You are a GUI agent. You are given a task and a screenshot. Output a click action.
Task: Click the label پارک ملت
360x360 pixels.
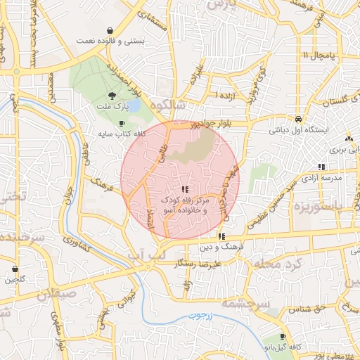pos(114,107)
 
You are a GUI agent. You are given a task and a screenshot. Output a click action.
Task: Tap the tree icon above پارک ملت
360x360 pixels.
pos(113,96)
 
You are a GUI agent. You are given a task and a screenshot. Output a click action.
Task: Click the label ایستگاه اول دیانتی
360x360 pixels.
pos(298,130)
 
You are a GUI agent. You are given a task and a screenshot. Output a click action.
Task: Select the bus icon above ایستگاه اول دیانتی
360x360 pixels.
pos(299,120)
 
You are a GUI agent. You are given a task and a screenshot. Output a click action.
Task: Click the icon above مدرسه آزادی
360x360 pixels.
pos(321,167)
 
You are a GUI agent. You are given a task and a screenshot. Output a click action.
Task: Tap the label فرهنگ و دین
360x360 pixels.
pos(221,247)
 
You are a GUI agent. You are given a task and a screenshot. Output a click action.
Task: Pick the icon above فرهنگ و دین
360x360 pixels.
pos(221,237)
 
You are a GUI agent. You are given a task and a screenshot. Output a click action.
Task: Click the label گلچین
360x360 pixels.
pos(15,280)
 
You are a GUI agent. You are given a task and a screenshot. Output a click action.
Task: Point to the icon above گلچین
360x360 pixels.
pos(15,269)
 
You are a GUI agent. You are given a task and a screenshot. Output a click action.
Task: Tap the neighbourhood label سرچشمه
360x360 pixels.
pos(243,304)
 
